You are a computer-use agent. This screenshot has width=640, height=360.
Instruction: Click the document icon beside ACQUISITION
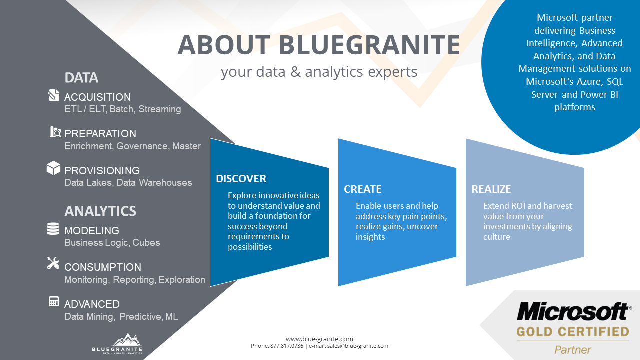click(x=53, y=95)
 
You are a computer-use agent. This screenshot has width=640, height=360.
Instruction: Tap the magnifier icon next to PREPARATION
click(x=55, y=132)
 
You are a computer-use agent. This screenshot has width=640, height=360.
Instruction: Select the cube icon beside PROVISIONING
click(x=53, y=168)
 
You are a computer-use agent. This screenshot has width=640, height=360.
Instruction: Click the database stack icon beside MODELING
click(x=53, y=229)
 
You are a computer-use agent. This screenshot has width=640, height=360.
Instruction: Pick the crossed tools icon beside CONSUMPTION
click(x=53, y=263)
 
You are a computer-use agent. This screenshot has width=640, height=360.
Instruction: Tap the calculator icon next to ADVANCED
click(x=53, y=301)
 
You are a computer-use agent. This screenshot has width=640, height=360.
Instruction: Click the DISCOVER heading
click(x=241, y=179)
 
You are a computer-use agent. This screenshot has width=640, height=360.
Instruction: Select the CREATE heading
click(x=362, y=189)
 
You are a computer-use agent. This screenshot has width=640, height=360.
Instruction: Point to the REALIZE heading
click(x=491, y=189)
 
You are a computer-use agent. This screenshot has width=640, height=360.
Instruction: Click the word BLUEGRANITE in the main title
click(x=369, y=45)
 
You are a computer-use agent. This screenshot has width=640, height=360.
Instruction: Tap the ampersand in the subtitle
click(x=295, y=71)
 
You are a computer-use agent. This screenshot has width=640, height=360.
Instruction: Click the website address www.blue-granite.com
click(x=319, y=339)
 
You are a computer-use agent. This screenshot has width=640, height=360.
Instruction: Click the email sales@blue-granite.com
click(x=357, y=346)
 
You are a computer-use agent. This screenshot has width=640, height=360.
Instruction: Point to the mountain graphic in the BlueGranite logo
click(x=126, y=339)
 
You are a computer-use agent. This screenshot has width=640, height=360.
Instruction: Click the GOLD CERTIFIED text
click(x=573, y=332)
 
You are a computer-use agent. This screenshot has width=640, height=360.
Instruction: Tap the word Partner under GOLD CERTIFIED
click(x=573, y=350)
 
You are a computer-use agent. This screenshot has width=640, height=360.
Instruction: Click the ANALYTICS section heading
click(x=100, y=211)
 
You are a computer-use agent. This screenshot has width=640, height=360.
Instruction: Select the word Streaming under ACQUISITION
click(x=159, y=109)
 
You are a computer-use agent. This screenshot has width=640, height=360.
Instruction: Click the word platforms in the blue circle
click(x=575, y=107)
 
